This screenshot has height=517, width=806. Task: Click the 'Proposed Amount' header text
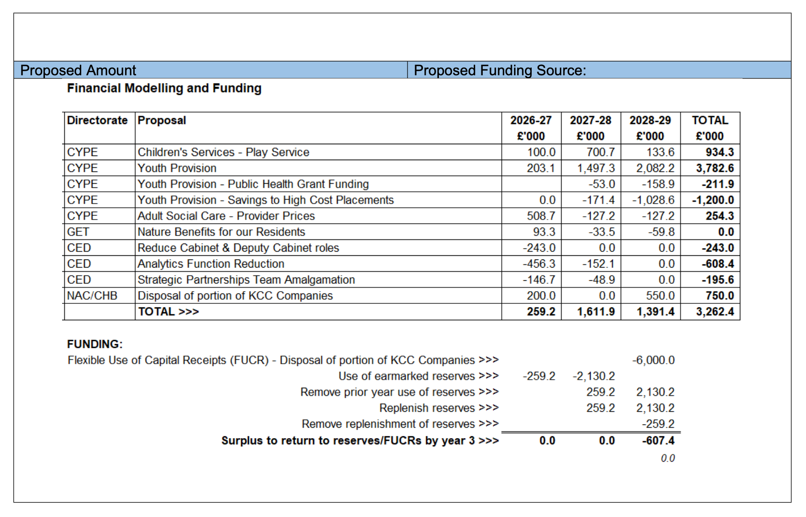[78, 70]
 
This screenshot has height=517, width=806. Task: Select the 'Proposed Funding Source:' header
[500, 70]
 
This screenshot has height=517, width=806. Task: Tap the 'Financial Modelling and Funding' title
[164, 88]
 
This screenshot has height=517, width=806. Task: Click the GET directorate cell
[78, 232]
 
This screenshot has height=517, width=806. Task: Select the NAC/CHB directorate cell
[92, 296]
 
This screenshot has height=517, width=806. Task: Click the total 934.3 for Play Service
[719, 152]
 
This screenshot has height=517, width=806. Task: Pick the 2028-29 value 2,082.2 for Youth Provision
[655, 168]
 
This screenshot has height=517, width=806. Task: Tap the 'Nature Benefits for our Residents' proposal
[221, 232]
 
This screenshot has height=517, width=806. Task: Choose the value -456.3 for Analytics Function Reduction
[539, 264]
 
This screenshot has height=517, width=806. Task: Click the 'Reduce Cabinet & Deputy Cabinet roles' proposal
[238, 248]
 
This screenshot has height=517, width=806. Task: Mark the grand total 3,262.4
[715, 312]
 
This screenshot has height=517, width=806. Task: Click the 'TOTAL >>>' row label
[168, 312]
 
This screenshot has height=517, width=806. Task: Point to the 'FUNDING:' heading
[94, 344]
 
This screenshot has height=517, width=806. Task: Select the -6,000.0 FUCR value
[653, 360]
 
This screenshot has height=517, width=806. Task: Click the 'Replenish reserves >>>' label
[438, 408]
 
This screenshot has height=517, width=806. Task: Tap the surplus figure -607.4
[658, 441]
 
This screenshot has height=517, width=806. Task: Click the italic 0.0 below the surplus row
[667, 458]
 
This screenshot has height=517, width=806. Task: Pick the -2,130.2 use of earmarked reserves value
[593, 376]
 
